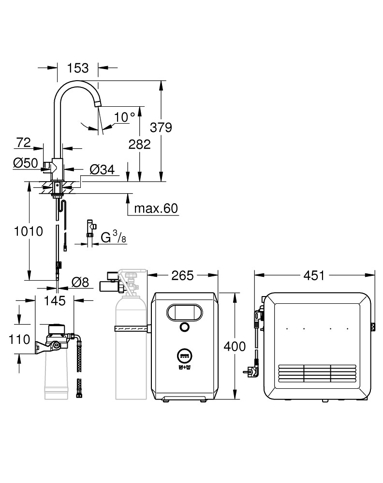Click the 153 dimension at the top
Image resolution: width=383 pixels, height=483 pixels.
click(78, 68)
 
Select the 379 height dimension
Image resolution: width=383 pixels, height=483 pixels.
click(162, 128)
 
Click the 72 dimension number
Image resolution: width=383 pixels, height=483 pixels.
click(23, 142)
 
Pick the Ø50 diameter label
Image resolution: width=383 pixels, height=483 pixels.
click(25, 163)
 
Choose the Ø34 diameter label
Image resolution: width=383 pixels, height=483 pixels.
click(102, 169)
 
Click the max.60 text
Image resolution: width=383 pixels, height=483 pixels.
click(156, 209)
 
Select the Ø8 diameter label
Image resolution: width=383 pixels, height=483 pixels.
click(80, 283)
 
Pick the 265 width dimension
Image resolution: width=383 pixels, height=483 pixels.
click(182, 275)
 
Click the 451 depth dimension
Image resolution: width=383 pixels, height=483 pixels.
click(314, 275)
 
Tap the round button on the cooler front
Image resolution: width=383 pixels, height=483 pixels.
click(183, 328)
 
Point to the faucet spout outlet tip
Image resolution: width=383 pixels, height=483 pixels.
click(98, 103)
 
